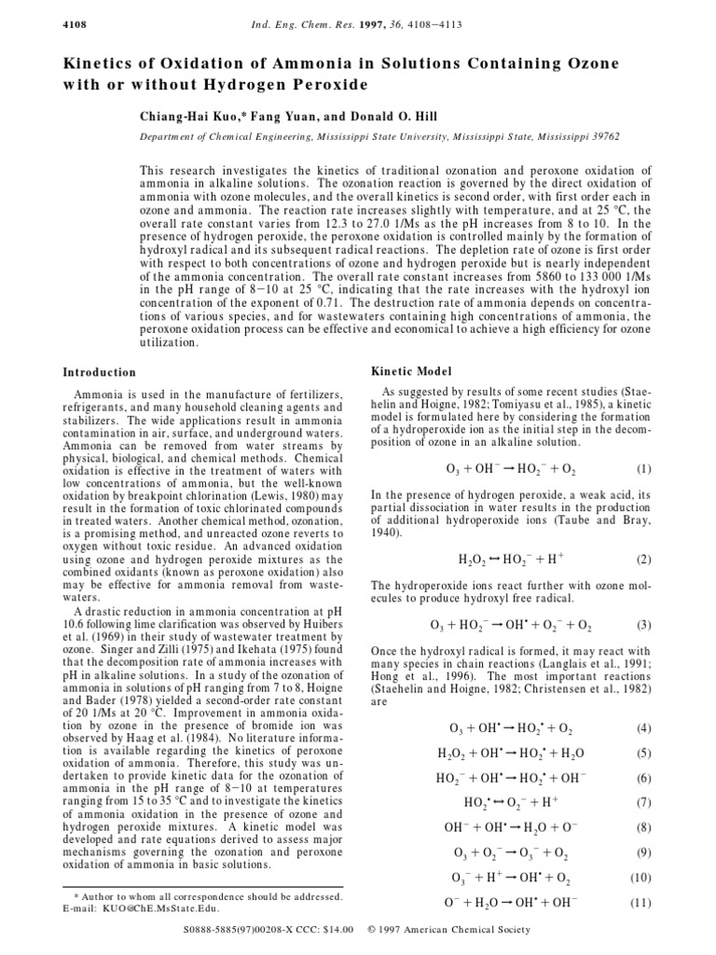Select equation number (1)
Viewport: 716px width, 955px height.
[643, 468]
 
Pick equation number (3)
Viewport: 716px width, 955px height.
[643, 624]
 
